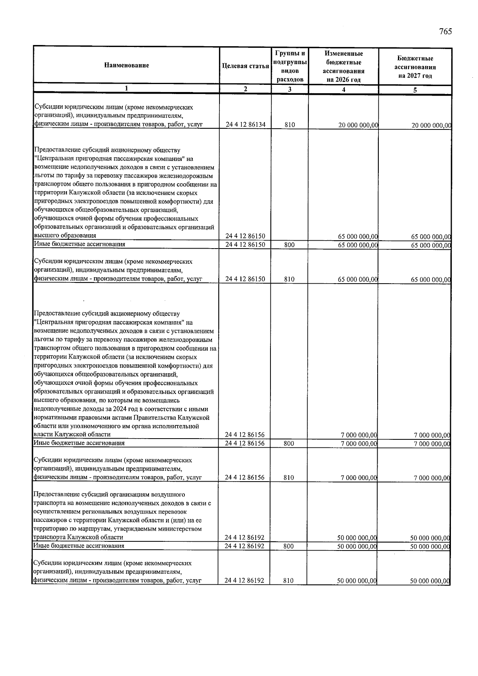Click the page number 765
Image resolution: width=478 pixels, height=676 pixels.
coord(446,32)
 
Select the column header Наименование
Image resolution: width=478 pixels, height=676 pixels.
coord(127,65)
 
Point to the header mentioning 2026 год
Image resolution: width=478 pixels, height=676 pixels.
coord(343,67)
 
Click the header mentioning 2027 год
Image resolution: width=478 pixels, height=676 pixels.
coord(415,67)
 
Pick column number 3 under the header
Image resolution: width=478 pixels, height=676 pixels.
coord(290,90)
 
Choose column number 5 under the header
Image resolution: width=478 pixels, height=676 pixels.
coord(415,90)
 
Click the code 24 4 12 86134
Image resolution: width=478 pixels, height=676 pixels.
coord(245,125)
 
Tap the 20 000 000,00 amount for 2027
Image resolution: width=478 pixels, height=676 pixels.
coord(431,125)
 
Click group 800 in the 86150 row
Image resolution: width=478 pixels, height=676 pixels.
coord(290,245)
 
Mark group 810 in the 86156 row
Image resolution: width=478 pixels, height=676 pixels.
coord(289,478)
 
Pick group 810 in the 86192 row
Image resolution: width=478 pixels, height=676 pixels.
coord(289,581)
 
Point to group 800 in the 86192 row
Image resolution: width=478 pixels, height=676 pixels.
coord(289,546)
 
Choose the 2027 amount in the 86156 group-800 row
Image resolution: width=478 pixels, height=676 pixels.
coord(432,444)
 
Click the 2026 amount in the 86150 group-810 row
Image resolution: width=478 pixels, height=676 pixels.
coord(358,280)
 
